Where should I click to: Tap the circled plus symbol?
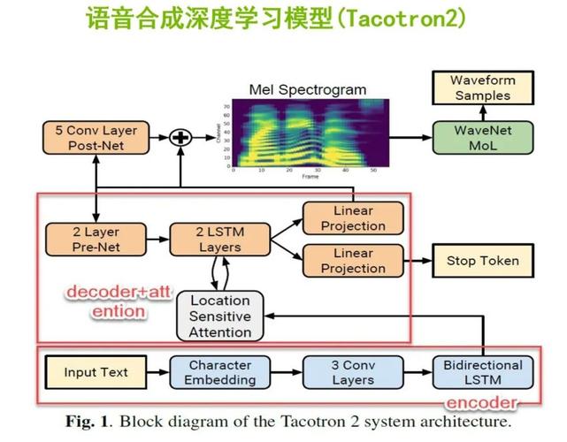[x=180, y=137]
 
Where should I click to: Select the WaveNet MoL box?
[x=482, y=138]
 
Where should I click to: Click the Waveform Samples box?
[x=482, y=88]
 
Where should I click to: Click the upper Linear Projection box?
[x=353, y=217]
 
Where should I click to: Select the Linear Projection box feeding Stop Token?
[x=353, y=261]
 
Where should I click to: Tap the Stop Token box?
[x=482, y=261]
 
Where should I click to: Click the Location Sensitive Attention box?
[x=220, y=316]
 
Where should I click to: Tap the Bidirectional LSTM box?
[x=483, y=371]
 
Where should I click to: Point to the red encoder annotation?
[x=480, y=403]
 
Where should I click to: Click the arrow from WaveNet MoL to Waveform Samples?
[x=482, y=112]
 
